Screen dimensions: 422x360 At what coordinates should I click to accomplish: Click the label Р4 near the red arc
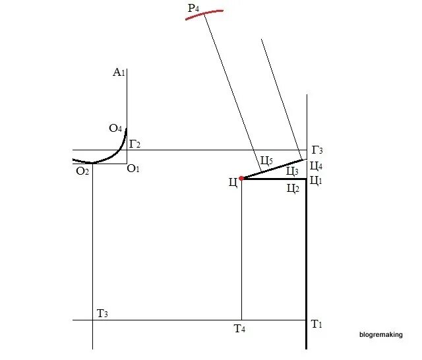(193, 8)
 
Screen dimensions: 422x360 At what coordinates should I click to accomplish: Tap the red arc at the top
(204, 13)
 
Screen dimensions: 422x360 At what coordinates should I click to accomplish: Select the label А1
(119, 72)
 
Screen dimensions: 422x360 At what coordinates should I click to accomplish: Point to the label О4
(116, 128)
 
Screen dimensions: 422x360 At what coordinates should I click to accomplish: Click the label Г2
(135, 143)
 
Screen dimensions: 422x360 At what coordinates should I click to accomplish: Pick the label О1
(133, 169)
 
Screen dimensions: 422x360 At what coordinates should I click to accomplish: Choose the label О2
(82, 171)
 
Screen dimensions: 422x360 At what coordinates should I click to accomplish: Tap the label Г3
(316, 150)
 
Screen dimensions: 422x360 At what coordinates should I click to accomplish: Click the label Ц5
(266, 160)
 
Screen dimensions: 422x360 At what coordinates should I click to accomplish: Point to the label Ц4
(316, 166)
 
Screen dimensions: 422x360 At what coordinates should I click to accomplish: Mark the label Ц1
(315, 180)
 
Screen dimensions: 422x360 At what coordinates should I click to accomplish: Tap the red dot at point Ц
(242, 178)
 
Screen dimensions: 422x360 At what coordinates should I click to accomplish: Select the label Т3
(102, 313)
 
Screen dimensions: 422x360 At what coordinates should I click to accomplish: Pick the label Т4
(239, 328)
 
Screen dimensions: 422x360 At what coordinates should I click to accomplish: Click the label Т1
(316, 324)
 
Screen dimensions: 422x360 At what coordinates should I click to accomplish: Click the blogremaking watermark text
(380, 335)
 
